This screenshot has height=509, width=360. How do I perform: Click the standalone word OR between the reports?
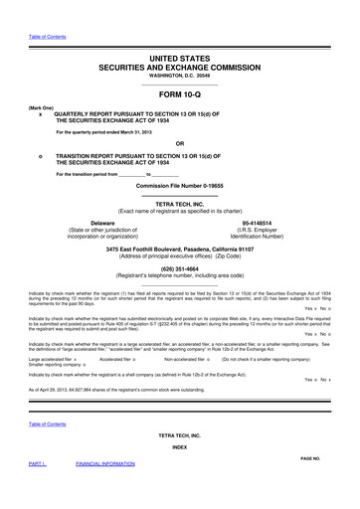point(179,141)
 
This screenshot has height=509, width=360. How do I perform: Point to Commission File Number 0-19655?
point(179,187)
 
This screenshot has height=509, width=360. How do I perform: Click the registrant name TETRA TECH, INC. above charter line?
point(179,202)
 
